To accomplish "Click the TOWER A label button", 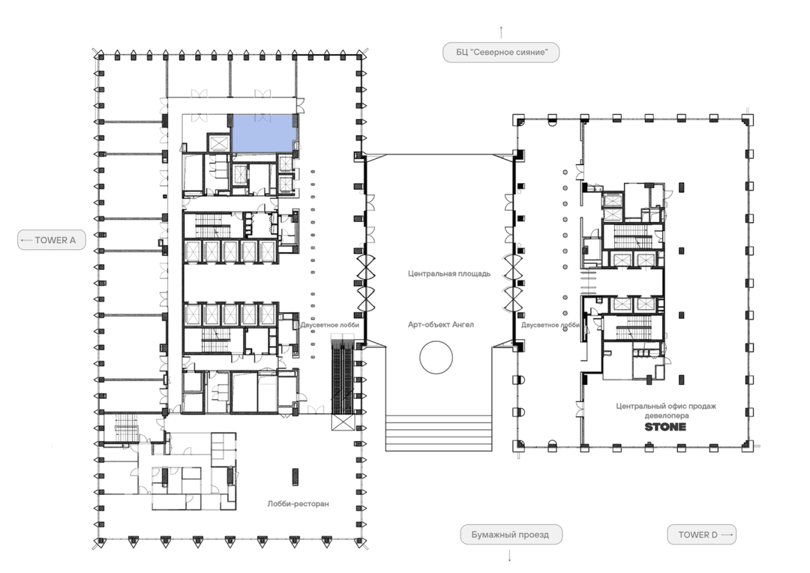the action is [52, 240].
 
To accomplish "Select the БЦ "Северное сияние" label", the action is [501, 52].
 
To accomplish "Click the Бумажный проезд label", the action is [511, 535].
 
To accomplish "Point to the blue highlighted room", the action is [263, 133].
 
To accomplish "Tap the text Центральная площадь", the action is [449, 274].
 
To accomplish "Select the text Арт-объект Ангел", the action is [441, 325].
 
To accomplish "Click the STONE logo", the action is [665, 427].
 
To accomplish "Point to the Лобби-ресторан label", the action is [298, 504].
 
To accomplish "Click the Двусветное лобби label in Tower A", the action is [329, 325].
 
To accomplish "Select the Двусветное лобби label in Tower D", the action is [550, 325].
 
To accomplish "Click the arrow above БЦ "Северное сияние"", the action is [501, 32].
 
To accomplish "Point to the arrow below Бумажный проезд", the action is [510, 556].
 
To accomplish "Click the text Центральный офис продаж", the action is [666, 406].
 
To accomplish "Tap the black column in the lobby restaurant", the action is [295, 476].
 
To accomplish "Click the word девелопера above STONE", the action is [667, 415].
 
